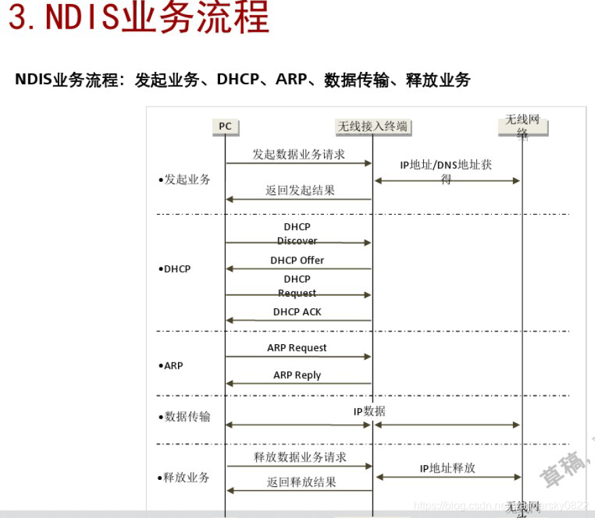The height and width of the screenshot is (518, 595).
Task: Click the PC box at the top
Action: click(x=225, y=126)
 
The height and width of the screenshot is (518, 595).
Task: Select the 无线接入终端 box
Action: click(x=374, y=126)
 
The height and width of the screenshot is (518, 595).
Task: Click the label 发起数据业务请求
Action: click(x=299, y=154)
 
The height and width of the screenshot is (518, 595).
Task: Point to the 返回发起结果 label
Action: click(x=300, y=191)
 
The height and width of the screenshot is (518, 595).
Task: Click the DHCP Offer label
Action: click(x=297, y=260)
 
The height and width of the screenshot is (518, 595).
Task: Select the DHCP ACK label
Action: click(x=297, y=312)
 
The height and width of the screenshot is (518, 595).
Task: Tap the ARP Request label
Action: click(x=297, y=348)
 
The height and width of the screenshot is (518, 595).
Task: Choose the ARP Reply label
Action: click(x=297, y=375)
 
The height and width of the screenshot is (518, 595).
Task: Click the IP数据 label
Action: click(x=369, y=411)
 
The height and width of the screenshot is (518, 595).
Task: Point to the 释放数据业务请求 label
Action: click(x=300, y=457)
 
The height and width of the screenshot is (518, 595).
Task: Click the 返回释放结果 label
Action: click(x=302, y=482)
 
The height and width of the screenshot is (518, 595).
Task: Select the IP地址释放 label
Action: click(x=448, y=468)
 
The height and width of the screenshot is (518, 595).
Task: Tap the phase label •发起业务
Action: click(x=184, y=180)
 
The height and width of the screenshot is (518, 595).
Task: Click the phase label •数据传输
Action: click(x=184, y=416)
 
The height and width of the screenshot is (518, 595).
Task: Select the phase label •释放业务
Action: click(x=184, y=477)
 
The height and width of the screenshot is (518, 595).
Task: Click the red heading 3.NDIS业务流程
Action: click(x=139, y=18)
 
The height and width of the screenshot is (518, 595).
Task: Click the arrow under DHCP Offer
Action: click(x=299, y=269)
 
